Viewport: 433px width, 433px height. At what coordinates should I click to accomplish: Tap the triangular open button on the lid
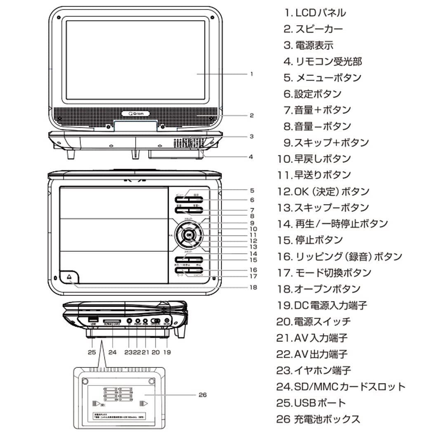(69, 276)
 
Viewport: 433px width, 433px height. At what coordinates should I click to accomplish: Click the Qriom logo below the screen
(136, 114)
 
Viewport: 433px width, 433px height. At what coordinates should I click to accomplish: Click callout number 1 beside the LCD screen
(251, 74)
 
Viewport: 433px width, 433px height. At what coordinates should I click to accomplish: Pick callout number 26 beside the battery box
(202, 395)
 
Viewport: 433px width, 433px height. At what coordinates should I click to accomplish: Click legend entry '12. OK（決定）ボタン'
(323, 191)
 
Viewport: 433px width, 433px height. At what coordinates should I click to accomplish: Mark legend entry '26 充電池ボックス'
(318, 419)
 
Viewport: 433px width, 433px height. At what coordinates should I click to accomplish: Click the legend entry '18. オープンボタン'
(318, 289)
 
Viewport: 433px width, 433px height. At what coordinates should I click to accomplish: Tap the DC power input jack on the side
(167, 321)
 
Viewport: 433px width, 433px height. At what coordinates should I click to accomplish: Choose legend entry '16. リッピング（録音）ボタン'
(339, 257)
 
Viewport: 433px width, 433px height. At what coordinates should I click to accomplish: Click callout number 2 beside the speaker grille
(251, 115)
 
